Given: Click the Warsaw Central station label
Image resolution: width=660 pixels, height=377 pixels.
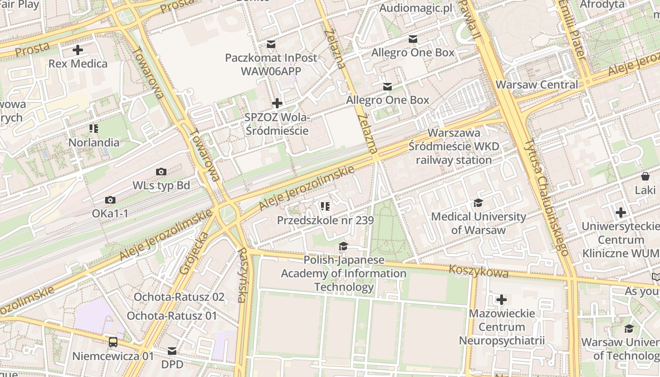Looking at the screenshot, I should pos(537,85).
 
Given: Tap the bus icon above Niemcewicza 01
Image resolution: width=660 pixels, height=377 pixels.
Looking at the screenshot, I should pos(113,342).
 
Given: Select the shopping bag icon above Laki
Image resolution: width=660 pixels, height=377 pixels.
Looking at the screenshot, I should pos(645,177).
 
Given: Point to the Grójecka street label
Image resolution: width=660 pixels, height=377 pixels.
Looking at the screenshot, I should pos(193,253).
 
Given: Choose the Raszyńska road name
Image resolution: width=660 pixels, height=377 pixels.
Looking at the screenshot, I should pos(241,275).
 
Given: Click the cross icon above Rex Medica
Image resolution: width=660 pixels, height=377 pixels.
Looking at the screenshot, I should pos(78,50).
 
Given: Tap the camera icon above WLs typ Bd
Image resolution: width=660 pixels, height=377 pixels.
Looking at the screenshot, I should pos(161,172).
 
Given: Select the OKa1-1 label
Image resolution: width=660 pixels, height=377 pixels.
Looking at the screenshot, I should pos(110,213).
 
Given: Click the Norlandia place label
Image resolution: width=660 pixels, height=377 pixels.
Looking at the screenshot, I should pos(94,142).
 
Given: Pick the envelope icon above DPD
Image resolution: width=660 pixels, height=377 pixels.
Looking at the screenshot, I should pos(172,351).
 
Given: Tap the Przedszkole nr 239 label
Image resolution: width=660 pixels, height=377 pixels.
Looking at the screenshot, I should pos(325,221).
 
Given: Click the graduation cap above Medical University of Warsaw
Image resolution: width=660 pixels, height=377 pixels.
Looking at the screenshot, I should pos(478,203).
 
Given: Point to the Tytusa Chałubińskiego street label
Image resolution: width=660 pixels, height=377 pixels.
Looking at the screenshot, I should pos(547,197).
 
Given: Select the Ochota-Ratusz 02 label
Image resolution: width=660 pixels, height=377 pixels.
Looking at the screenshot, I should pos(179,297).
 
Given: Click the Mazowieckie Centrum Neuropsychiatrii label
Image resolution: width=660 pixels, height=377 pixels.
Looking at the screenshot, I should pos(502,327).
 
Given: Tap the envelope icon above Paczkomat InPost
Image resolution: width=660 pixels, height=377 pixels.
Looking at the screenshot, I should pos(271,44).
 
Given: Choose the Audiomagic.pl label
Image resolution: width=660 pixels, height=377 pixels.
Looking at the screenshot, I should pos(415,8).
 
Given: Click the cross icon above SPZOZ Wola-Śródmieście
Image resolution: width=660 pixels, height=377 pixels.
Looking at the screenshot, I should pos(277,103).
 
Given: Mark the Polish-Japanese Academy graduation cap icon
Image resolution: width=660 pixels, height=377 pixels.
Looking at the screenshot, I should pos(343,246).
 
